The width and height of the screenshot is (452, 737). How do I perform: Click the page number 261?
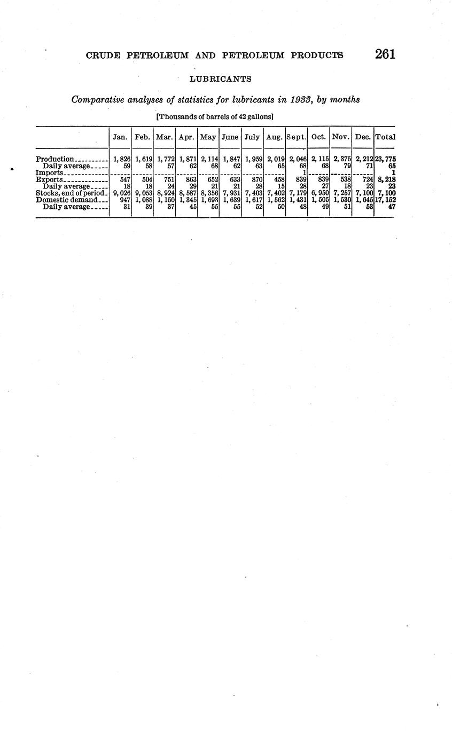385,54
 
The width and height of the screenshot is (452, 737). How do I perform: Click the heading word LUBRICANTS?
221,79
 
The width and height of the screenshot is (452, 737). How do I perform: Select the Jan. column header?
120,137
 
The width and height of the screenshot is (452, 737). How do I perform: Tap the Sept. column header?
297,137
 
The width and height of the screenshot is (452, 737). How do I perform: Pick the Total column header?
385,137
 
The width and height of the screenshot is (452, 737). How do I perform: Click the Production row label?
54,159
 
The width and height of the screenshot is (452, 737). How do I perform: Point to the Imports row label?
50,173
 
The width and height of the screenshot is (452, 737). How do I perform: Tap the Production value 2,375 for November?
341,159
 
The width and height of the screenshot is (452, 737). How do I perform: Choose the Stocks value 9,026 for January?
122,193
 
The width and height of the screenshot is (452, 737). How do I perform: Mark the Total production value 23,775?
385,159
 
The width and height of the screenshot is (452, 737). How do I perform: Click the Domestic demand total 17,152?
385,200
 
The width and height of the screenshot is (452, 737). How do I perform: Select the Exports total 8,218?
386,179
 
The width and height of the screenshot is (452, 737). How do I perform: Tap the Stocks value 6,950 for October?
319,193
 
